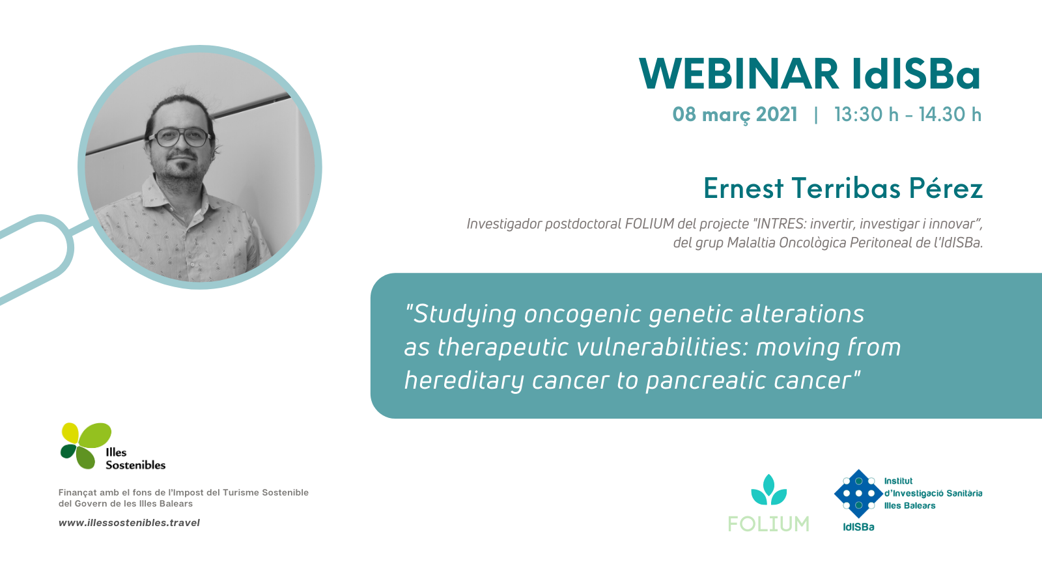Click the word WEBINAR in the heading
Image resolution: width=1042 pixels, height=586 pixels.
coord(739,74)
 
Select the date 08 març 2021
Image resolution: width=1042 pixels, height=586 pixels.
coord(735,115)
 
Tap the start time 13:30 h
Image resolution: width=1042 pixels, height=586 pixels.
coord(866,115)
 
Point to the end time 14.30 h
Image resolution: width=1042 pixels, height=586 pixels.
coord(950,115)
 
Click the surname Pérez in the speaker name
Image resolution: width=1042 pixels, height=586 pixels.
coord(946,188)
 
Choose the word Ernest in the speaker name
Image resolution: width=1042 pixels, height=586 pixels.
coord(743,188)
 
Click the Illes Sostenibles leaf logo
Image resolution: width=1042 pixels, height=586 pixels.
coord(87,445)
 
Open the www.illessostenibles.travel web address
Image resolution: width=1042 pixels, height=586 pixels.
coord(130,523)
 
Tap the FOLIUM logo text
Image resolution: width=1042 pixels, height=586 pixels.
coord(768,524)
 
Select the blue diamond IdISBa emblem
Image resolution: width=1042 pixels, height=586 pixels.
coord(858,494)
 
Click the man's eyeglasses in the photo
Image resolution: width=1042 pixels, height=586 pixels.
coord(180,137)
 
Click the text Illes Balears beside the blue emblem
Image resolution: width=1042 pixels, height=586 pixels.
coord(909,505)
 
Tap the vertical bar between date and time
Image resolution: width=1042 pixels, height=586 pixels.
coord(816,115)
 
